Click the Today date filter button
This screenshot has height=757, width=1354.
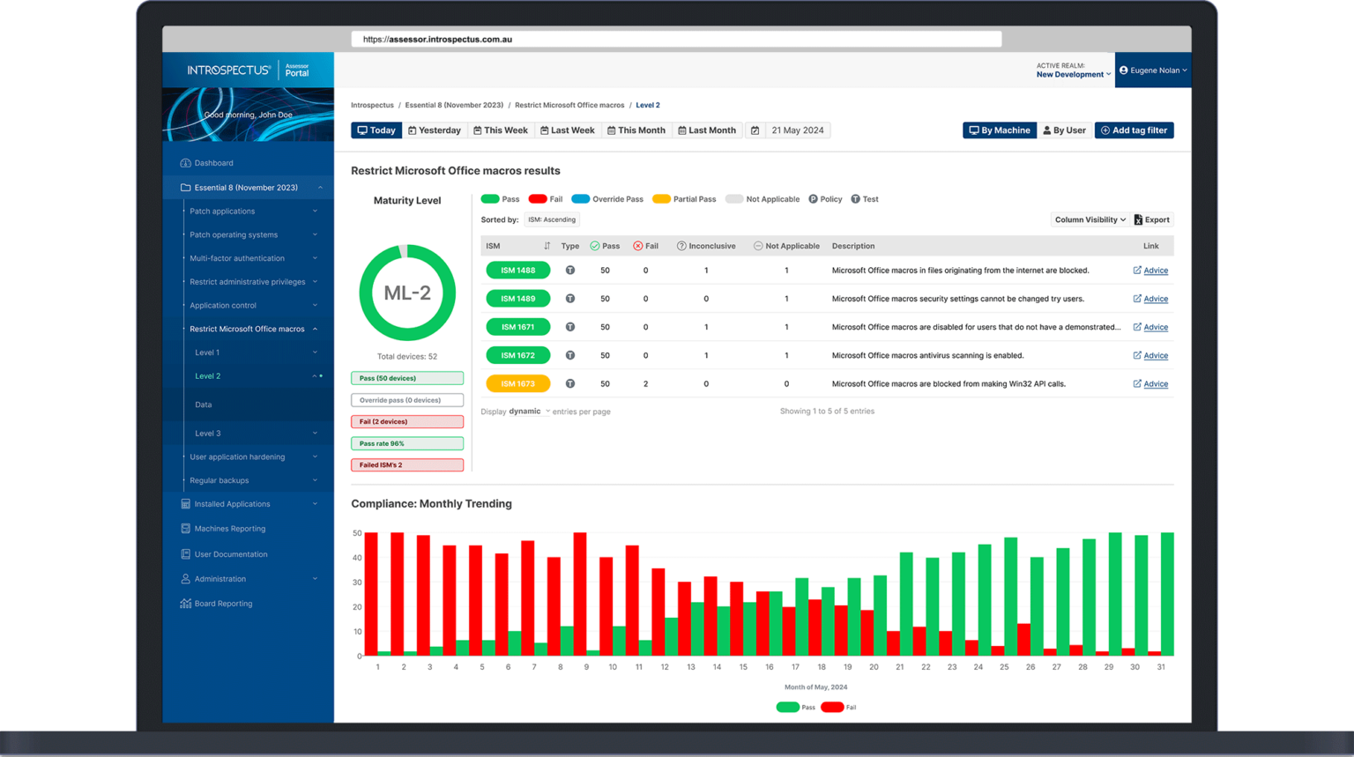(x=376, y=130)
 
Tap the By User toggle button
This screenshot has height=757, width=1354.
(x=1064, y=130)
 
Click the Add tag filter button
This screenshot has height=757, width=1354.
(x=1134, y=130)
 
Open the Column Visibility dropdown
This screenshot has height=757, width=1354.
(x=1090, y=220)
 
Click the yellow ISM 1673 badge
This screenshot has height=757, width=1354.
(x=517, y=384)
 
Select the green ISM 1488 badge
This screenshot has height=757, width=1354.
(x=517, y=271)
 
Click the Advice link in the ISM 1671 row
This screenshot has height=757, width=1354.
(x=1155, y=328)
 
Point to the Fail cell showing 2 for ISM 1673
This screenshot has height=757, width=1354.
(x=645, y=384)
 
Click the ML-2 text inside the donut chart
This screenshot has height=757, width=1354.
(x=407, y=293)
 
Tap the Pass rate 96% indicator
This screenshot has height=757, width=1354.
(x=407, y=443)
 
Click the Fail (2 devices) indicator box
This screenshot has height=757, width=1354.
(x=407, y=422)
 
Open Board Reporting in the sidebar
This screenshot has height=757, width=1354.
(x=223, y=604)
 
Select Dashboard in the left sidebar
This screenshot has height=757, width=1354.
(x=213, y=163)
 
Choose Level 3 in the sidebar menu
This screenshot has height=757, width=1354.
(x=208, y=434)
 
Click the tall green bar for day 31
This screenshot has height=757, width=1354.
(x=1167, y=595)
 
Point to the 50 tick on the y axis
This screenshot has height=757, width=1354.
(x=357, y=533)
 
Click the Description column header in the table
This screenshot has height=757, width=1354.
(x=852, y=247)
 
